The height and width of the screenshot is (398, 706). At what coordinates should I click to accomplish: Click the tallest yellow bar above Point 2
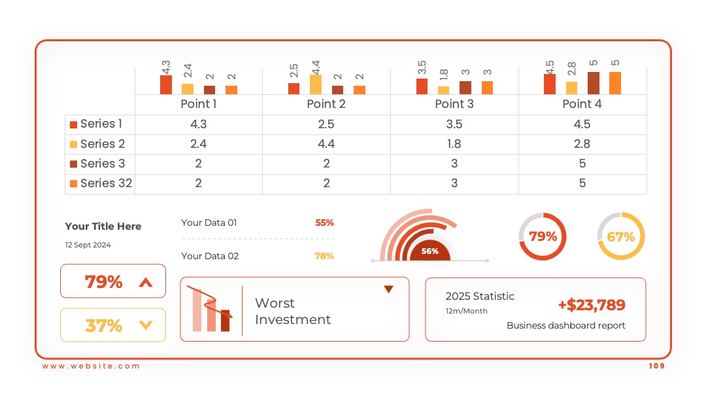click(316, 84)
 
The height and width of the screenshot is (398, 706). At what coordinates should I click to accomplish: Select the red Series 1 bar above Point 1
click(165, 84)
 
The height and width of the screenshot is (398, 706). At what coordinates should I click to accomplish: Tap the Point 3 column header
click(454, 104)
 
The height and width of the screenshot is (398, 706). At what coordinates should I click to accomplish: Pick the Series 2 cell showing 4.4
click(326, 144)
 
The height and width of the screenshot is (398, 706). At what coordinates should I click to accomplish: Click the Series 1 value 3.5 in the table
click(454, 124)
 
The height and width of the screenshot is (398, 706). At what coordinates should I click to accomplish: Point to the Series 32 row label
click(107, 183)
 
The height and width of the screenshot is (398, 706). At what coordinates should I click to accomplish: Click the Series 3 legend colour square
click(73, 164)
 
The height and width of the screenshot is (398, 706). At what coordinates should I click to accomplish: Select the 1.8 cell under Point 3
click(454, 144)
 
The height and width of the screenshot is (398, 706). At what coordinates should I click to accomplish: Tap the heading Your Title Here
click(103, 226)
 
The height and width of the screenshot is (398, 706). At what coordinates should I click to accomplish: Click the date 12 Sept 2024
click(88, 245)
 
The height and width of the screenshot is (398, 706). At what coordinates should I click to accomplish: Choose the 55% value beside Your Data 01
click(324, 223)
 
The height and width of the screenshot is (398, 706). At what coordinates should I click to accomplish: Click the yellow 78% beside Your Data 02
click(324, 256)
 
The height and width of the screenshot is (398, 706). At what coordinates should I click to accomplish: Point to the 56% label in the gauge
click(429, 251)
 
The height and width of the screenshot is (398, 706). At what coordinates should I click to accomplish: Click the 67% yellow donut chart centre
click(621, 236)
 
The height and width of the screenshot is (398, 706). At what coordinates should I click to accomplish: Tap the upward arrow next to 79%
click(146, 283)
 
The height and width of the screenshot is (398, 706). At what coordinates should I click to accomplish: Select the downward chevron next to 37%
click(146, 325)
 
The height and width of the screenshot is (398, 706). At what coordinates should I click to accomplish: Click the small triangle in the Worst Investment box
click(388, 289)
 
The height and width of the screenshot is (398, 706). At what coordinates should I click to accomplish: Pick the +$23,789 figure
click(592, 305)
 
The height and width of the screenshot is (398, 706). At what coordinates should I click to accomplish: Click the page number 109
click(656, 366)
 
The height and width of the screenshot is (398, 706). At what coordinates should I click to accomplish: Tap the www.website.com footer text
click(91, 366)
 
